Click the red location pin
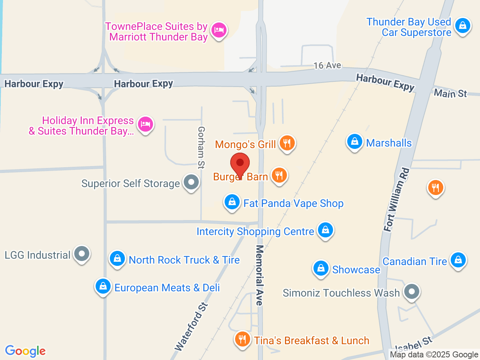(240, 164)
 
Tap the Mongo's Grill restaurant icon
(287, 143)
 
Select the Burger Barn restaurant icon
(279, 175)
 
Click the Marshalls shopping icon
(354, 142)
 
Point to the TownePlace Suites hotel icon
(219, 30)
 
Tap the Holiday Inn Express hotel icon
(145, 124)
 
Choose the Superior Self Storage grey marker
(191, 182)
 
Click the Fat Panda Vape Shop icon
(232, 202)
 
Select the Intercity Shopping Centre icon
(325, 230)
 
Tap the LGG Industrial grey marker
(81, 254)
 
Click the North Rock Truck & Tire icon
(117, 259)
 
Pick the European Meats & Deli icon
(103, 286)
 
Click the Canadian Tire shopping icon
(458, 260)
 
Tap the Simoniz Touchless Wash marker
(412, 291)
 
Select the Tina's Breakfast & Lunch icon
(243, 339)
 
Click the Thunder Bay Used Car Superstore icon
(463, 26)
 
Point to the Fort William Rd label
(396, 199)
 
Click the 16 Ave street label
(327, 65)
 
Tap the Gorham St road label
(201, 147)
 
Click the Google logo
(25, 351)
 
